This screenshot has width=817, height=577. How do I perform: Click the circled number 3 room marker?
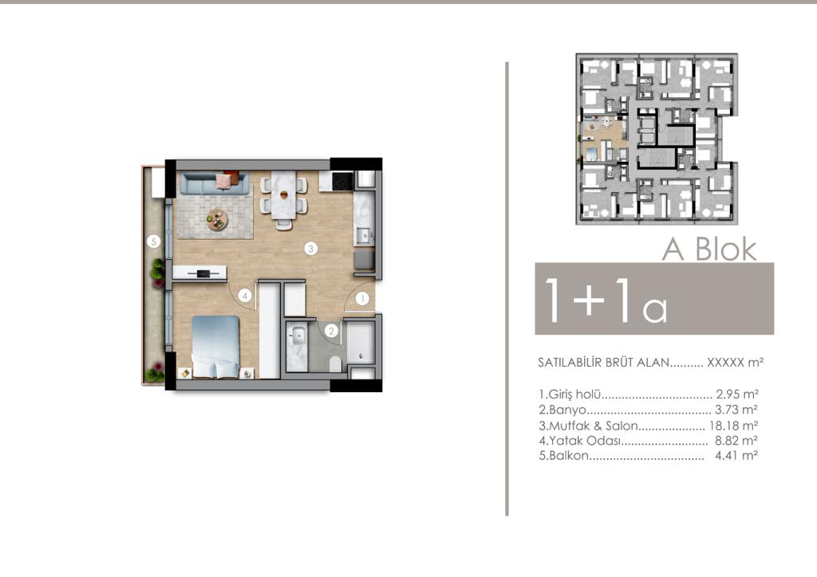coord(310,249)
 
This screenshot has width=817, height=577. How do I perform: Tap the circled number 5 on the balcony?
coord(153,241)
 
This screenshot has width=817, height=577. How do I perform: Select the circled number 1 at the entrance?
coord(362,299)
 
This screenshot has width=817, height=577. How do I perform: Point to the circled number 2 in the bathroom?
coord(331,331)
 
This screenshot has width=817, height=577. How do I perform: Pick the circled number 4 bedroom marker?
coord(244,296)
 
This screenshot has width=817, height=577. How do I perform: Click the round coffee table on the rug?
coord(217,219)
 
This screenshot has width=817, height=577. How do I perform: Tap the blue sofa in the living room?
coord(214,183)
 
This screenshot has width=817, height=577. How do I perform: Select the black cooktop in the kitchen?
coord(343,181)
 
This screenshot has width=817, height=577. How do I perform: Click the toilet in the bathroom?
coord(336,364)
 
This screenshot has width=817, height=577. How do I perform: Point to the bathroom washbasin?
coord(298,335)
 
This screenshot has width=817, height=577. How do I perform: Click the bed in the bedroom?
coord(215,347)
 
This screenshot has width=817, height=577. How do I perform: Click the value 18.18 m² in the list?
coord(733,426)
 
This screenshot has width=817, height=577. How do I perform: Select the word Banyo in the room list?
coord(567,410)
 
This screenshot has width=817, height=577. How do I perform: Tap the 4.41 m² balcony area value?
coord(736,456)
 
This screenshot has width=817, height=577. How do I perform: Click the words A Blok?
coord(709,249)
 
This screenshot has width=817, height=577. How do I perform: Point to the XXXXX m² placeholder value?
coord(735,362)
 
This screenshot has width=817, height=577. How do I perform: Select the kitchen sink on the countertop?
coord(363,236)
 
